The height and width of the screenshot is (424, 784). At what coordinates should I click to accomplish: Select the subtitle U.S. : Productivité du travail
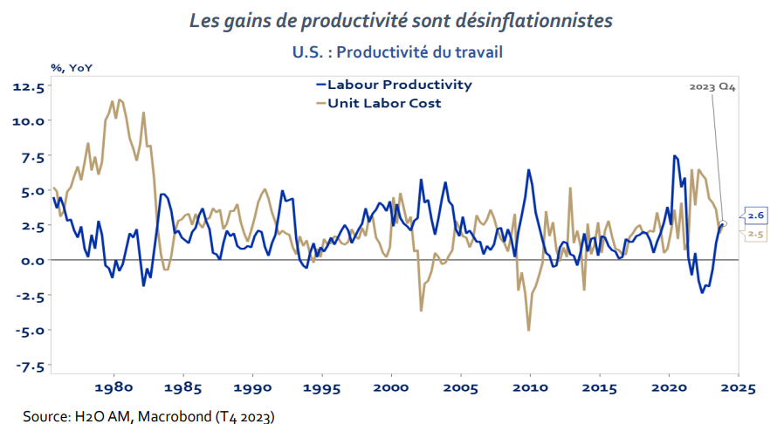click(x=397, y=52)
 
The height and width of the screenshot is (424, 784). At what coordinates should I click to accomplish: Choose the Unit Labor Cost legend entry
click(x=384, y=103)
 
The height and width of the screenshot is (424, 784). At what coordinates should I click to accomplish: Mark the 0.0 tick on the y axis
click(x=31, y=260)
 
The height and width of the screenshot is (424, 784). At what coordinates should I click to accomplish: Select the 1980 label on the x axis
click(x=113, y=386)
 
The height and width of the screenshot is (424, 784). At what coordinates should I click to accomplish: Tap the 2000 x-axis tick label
click(x=391, y=386)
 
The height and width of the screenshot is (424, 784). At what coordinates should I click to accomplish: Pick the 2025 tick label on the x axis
click(x=738, y=386)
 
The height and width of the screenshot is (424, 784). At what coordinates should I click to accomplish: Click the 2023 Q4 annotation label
click(x=712, y=87)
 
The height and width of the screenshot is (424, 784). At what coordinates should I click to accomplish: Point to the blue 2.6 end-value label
click(x=753, y=214)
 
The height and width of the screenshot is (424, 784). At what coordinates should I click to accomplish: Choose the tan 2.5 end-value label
click(x=753, y=235)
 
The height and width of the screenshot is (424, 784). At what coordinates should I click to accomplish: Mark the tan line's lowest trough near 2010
click(x=529, y=330)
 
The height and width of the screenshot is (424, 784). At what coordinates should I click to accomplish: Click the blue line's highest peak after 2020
click(x=674, y=156)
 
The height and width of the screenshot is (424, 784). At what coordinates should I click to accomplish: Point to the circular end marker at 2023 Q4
click(x=722, y=224)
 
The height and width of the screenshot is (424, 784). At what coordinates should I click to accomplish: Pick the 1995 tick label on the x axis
click(x=322, y=386)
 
